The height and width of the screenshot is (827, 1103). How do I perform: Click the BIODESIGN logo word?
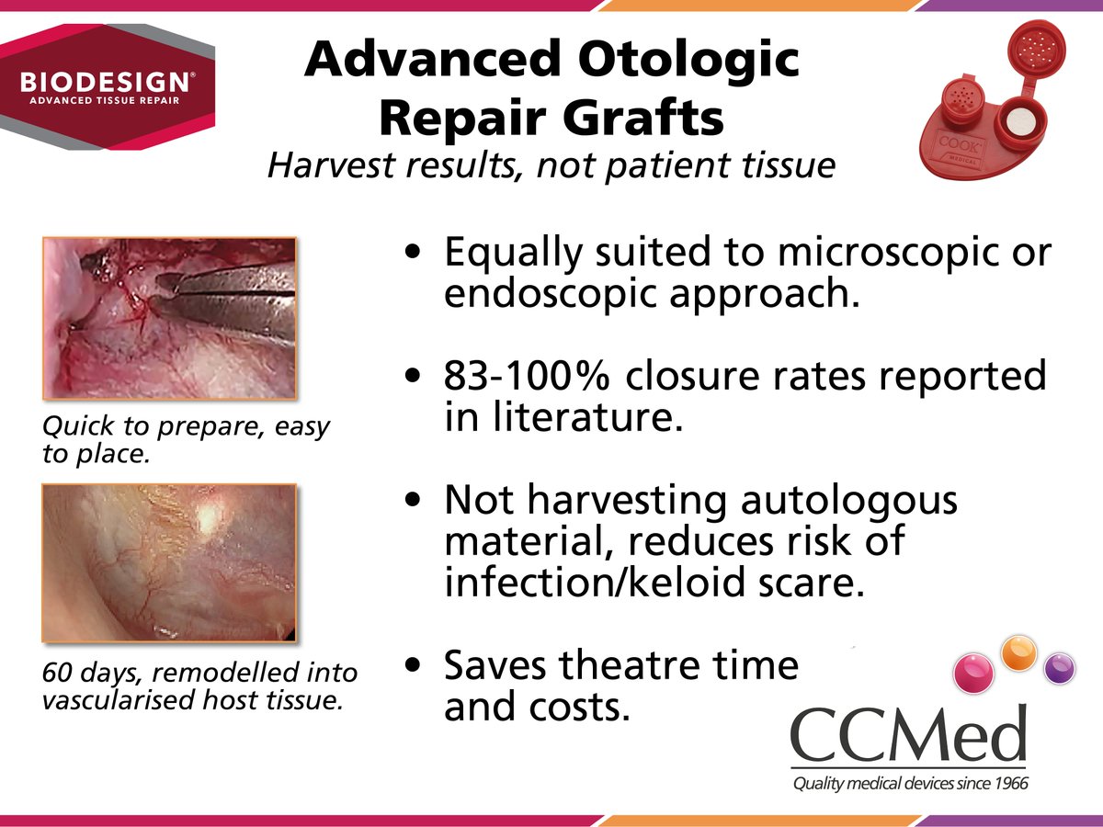107,80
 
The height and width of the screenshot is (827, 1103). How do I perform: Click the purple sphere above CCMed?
1060,667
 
